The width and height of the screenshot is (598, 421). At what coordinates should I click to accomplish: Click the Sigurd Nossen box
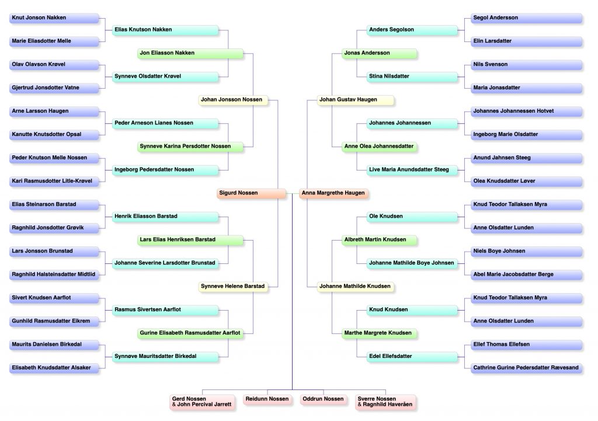(x=251, y=193)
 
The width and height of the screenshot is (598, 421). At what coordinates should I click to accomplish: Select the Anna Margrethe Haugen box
(x=333, y=193)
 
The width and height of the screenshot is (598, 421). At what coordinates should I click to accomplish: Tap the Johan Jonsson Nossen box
(x=233, y=100)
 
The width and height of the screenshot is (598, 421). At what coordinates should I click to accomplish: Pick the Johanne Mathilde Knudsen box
(x=355, y=286)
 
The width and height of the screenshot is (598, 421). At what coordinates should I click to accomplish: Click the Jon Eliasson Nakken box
(x=190, y=53)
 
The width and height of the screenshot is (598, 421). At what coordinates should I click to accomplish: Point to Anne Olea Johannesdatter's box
(x=380, y=147)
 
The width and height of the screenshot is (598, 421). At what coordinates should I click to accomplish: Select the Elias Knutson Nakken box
(x=165, y=30)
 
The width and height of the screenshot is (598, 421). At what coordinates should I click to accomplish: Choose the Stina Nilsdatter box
(x=412, y=76)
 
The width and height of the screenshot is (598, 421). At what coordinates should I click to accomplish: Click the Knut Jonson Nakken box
(x=54, y=18)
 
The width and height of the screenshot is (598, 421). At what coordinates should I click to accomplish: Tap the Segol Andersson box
(x=527, y=18)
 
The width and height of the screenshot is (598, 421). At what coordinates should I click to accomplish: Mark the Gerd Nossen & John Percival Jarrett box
(x=202, y=402)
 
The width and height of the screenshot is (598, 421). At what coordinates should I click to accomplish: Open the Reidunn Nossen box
(x=267, y=399)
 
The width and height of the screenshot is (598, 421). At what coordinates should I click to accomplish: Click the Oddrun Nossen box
(x=324, y=399)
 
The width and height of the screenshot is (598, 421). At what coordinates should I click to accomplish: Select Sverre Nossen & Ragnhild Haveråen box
(x=385, y=402)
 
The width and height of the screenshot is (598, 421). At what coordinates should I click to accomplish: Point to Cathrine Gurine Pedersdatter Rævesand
(x=527, y=368)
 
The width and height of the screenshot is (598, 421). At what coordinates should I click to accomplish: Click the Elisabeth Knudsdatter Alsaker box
(x=54, y=368)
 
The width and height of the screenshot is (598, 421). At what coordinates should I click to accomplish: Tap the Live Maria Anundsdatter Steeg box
(x=412, y=170)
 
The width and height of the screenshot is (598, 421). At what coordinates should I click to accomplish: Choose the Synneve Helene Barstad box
(x=233, y=286)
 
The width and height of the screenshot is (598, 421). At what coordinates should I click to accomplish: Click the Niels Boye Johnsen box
(x=527, y=251)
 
